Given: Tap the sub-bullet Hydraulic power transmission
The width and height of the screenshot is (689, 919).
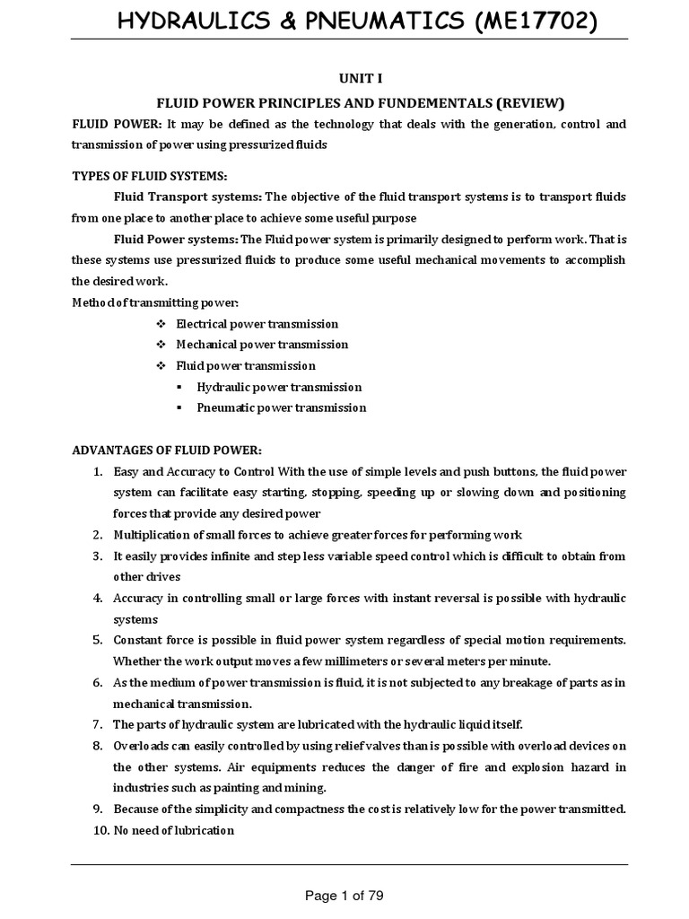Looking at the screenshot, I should [x=279, y=387].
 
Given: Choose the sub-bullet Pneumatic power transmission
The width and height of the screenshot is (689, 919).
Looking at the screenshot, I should [x=282, y=407].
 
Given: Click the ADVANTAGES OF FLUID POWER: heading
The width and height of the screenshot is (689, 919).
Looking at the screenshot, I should [x=166, y=450].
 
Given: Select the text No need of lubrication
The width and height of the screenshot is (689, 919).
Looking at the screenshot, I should [x=174, y=830].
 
